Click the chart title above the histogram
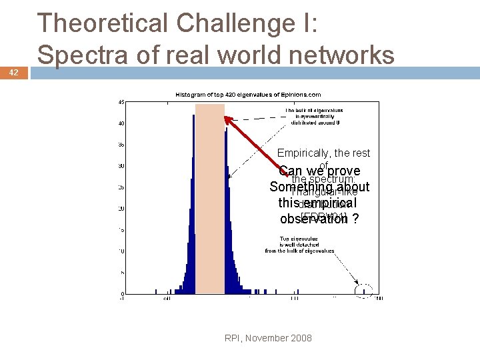(248, 95)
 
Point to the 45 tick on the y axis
(121, 102)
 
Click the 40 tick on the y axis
(121, 123)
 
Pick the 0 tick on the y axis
(122, 294)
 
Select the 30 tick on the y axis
(121, 166)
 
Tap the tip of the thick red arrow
(225, 118)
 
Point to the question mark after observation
(355, 219)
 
